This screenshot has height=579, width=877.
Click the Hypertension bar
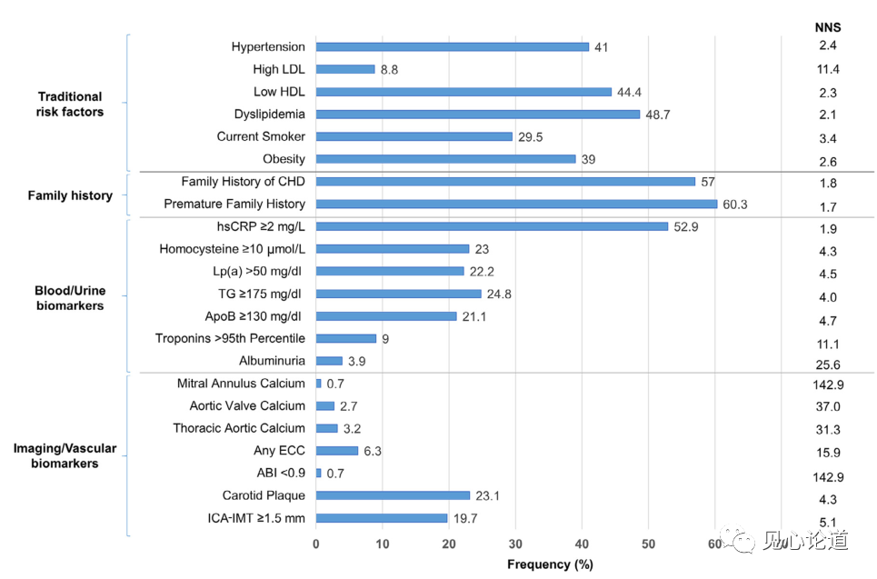pos(452,47)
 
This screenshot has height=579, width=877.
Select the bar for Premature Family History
pos(516,205)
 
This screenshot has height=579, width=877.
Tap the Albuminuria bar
pos(329,361)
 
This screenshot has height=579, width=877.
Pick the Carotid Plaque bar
pos(393,495)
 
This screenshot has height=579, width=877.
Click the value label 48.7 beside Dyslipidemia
pos(658,115)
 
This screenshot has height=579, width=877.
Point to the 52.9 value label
pos(686,226)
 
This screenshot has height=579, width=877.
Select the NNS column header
pos(828,27)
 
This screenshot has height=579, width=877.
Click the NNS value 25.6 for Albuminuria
pos(828,364)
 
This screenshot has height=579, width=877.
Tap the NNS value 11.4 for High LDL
pos(828,69)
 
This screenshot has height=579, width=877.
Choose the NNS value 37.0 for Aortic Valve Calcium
pos(828,406)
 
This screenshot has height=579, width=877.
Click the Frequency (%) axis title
pos(551,564)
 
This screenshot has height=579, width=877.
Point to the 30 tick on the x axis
pos(515,544)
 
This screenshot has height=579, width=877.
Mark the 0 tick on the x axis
pos(316,544)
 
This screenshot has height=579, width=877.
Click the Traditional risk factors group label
pos(70,104)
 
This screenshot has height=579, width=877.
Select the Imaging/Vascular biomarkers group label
pos(65,455)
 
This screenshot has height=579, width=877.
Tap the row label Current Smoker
pos(261,136)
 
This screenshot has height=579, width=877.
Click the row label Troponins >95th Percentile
pos(231,338)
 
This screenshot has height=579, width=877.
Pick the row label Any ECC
pos(279,450)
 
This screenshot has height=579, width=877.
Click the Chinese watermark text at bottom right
pos(805,541)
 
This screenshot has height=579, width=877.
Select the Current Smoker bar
pos(414,136)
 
